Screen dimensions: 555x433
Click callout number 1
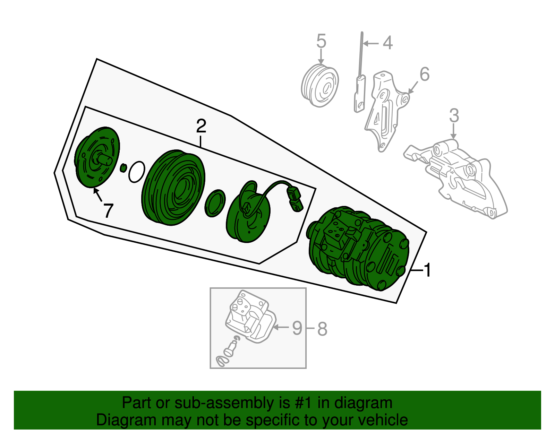point(428,270)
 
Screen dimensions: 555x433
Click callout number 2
point(201,126)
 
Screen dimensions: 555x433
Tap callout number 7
point(108,210)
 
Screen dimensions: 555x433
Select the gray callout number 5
point(321,41)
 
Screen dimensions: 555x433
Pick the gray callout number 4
point(387,43)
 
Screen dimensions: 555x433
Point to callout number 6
point(424,74)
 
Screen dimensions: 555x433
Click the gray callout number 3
point(454,115)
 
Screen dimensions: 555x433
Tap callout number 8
point(322,329)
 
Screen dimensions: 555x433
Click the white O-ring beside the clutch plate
point(137,172)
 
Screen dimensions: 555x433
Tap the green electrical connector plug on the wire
point(295,199)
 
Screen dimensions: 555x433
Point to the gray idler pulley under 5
point(319,85)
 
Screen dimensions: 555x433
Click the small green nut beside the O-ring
point(123,168)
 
